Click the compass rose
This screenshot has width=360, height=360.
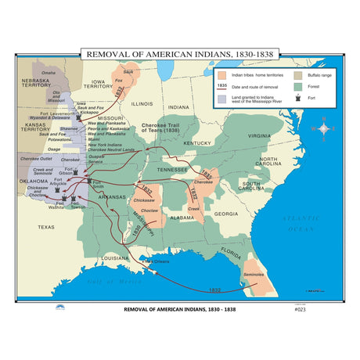tap(323, 128)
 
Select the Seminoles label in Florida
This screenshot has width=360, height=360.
tap(253, 274)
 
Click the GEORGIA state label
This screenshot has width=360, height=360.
tap(226, 213)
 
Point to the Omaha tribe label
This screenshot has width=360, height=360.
tap(49, 72)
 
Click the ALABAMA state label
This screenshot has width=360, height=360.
tap(182, 218)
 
